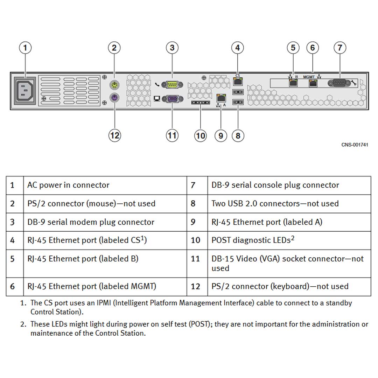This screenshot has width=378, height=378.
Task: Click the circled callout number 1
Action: [x=25, y=48]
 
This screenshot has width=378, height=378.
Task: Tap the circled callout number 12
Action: [x=114, y=135]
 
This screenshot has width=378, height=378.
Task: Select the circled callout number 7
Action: [x=340, y=48]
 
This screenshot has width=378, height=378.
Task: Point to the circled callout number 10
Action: [x=200, y=135]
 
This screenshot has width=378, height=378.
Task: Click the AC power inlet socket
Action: [x=25, y=92]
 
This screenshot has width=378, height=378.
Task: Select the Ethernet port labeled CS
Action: [x=238, y=82]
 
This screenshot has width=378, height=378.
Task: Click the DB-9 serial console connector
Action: [x=339, y=83]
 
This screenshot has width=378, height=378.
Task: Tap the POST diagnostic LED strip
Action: [x=201, y=103]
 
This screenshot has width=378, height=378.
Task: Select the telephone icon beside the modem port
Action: [x=157, y=84]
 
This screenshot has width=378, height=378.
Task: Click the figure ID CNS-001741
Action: [x=355, y=145]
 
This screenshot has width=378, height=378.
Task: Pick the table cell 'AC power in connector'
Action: [x=68, y=185]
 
